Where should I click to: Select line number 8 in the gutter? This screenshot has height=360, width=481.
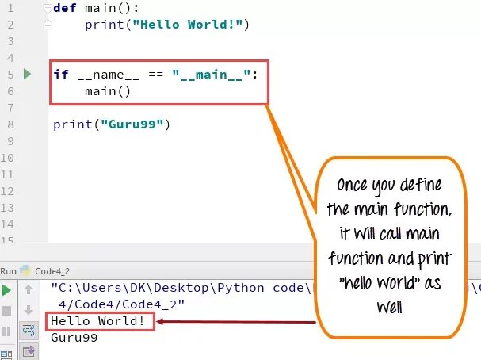coord(12,124)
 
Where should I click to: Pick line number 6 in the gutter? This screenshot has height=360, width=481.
coord(12,91)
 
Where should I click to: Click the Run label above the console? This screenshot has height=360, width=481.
coord(10,270)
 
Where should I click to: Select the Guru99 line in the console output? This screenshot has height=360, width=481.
coord(74,338)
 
